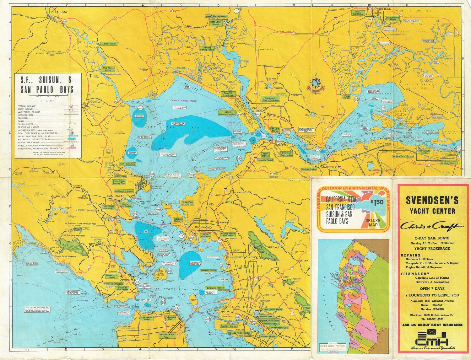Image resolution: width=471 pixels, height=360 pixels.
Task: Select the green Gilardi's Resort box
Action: pyautogui.click(x=108, y=44)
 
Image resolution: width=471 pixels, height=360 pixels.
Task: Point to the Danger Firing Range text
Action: pyautogui.click(x=183, y=100)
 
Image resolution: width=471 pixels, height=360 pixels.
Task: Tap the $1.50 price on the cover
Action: pyautogui.click(x=376, y=202)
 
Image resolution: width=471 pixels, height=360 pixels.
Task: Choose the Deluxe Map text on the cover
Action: pyautogui.click(x=373, y=223)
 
